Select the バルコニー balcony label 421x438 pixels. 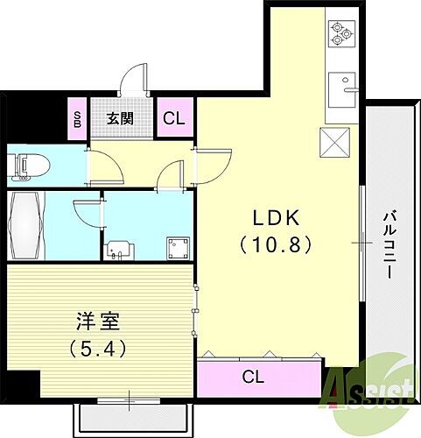coord(387,244)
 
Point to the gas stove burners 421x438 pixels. coord(340,33)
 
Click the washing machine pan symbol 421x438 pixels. coord(179,247)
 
